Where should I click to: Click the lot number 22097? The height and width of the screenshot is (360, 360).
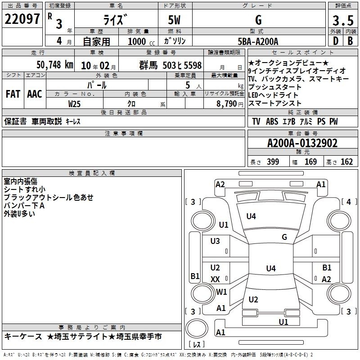22,19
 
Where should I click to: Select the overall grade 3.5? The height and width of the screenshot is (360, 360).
343,20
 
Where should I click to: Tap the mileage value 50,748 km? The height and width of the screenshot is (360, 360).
55,65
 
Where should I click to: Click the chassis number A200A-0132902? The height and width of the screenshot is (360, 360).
302,143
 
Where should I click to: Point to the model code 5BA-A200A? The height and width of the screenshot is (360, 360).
258,41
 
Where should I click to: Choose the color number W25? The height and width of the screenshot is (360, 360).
74,104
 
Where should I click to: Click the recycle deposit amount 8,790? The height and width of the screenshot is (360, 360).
227,103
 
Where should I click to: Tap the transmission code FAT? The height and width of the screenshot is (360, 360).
13,94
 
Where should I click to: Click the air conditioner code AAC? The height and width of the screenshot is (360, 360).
35,94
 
